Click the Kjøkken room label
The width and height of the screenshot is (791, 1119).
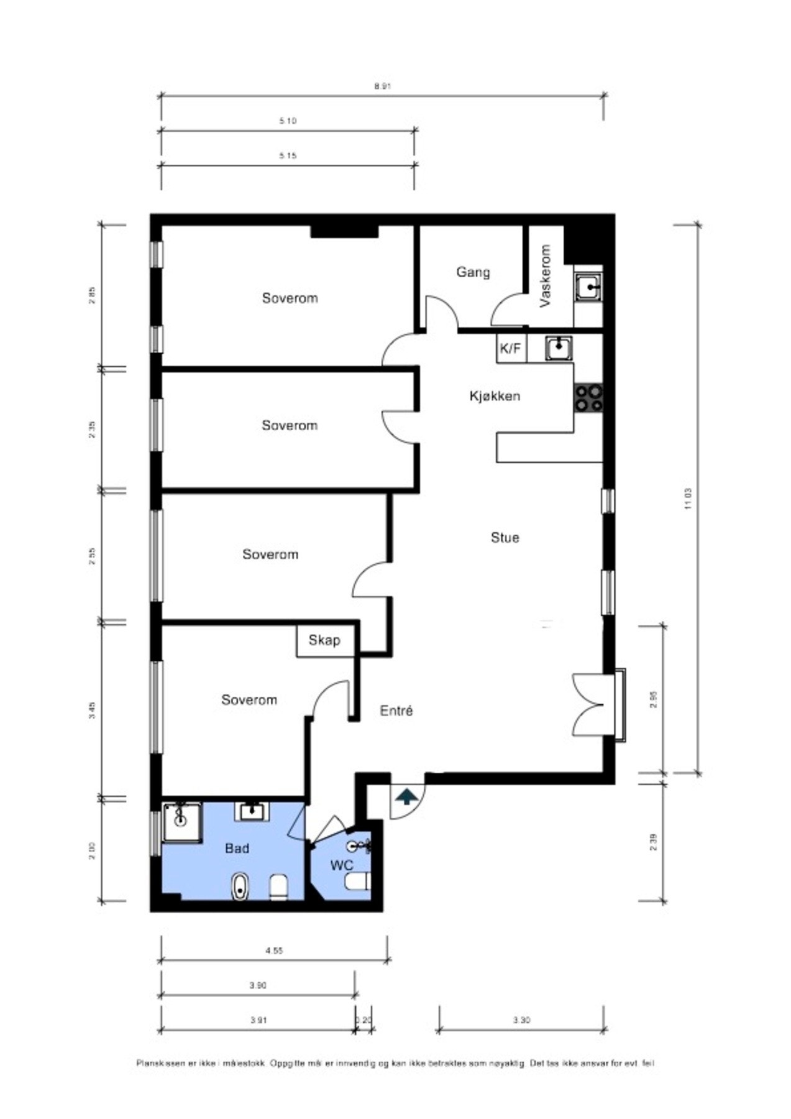pyautogui.click(x=495, y=396)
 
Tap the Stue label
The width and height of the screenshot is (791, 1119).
pyautogui.click(x=505, y=538)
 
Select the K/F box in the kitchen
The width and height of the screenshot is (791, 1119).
pyautogui.click(x=511, y=349)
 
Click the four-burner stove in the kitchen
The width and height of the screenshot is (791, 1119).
pyautogui.click(x=588, y=398)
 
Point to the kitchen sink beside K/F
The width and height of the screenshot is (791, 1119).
pyautogui.click(x=559, y=348)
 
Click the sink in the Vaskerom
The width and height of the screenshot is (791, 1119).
pyautogui.click(x=588, y=288)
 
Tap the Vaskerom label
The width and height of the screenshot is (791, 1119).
pyautogui.click(x=546, y=275)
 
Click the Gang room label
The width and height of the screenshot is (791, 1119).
pyautogui.click(x=473, y=272)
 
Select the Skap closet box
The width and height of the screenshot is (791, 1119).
pyautogui.click(x=324, y=640)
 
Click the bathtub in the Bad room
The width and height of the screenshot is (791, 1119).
pyautogui.click(x=240, y=886)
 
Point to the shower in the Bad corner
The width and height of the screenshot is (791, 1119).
pyautogui.click(x=181, y=822)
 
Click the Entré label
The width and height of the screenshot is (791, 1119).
pyautogui.click(x=396, y=711)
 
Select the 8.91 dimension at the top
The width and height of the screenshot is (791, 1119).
pyautogui.click(x=382, y=86)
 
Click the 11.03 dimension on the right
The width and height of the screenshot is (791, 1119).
pyautogui.click(x=687, y=499)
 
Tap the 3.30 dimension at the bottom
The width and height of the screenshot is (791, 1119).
pyautogui.click(x=521, y=1020)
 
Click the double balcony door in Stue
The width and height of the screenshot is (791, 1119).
pyautogui.click(x=588, y=705)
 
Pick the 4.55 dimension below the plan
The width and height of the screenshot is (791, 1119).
pyautogui.click(x=274, y=950)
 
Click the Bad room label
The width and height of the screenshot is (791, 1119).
pyautogui.click(x=237, y=849)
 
